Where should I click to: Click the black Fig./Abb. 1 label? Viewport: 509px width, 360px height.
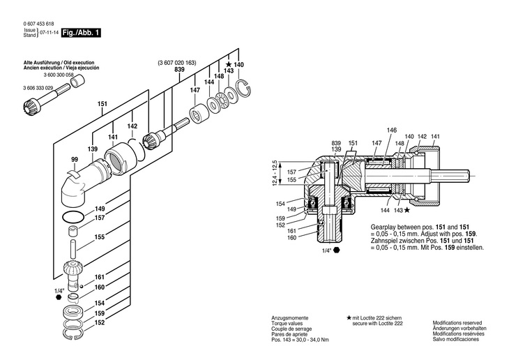click(81, 33)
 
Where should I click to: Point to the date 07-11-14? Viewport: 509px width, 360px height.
click(48, 33)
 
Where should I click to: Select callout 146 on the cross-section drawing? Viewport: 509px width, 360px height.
click(392, 130)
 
